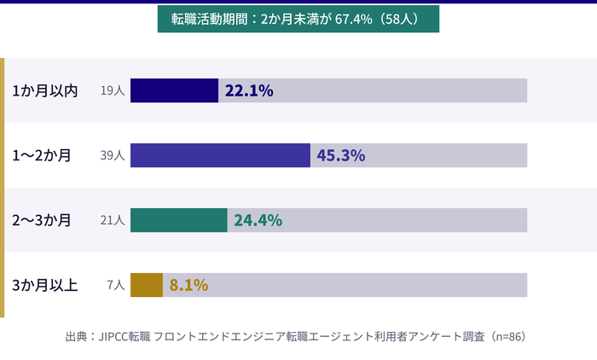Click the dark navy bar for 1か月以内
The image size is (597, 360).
(174, 90)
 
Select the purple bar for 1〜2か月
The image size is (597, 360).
(220, 155)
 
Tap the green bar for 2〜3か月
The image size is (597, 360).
(178, 220)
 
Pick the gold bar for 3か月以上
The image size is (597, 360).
(146, 285)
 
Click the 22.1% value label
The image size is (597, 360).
(248, 90)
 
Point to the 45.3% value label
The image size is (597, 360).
(341, 155)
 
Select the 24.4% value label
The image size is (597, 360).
(258, 220)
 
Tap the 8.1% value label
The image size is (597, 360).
(188, 285)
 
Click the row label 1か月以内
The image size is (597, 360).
(45, 90)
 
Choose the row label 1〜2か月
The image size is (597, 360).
(42, 155)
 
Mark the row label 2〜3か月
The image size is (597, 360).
(42, 220)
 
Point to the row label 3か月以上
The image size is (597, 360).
(45, 285)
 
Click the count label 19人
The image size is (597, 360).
(113, 90)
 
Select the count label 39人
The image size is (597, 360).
(113, 155)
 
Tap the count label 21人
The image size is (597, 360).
(113, 220)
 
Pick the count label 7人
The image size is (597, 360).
(116, 285)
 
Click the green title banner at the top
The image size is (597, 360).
(298, 19)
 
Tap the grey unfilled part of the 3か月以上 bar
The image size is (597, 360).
(367, 285)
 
